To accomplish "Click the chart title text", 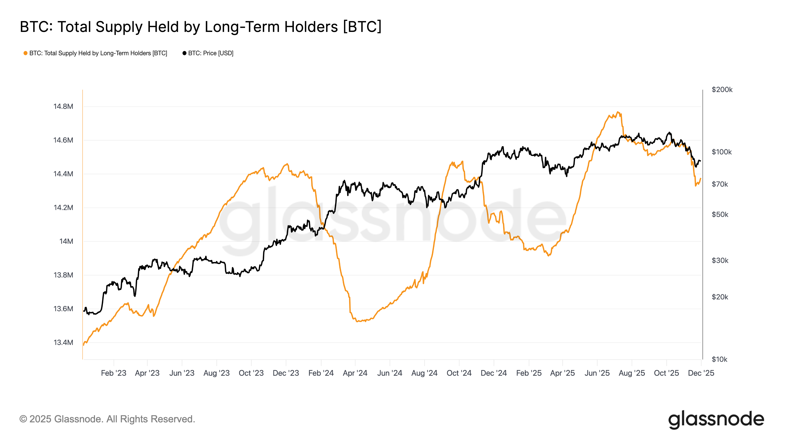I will pos(200,27).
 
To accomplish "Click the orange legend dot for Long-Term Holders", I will pos(26,53).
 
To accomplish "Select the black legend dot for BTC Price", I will pos(184,53).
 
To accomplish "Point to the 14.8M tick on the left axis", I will pos(63,107).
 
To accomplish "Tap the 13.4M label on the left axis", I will pos(63,343).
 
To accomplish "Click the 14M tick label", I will pos(66,241).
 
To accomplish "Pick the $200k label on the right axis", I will pos(722,90).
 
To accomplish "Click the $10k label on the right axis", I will pos(719,359).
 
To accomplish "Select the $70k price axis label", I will pos(720,184).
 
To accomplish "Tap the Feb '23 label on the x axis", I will pos(113,373).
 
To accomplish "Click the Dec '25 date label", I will pos(701,373).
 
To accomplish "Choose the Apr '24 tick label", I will pos(355,373).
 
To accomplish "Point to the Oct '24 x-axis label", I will pos(459,373).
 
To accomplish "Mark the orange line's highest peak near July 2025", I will pos(618,112).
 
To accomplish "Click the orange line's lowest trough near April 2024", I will pos(357,321).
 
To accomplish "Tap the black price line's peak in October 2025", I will pos(669,132).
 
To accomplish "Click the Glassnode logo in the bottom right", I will pos(716,419).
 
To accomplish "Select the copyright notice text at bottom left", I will pos(107,419).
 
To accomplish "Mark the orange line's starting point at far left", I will pos(83,345).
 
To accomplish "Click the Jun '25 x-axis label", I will pos(597,373).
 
